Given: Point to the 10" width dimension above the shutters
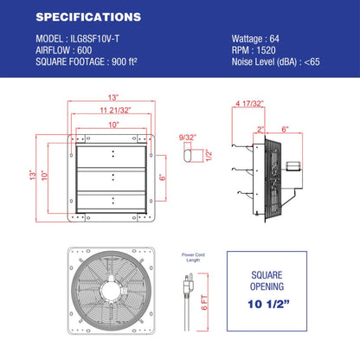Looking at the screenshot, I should [x=112, y=125].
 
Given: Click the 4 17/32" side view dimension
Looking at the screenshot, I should [x=247, y=104].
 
